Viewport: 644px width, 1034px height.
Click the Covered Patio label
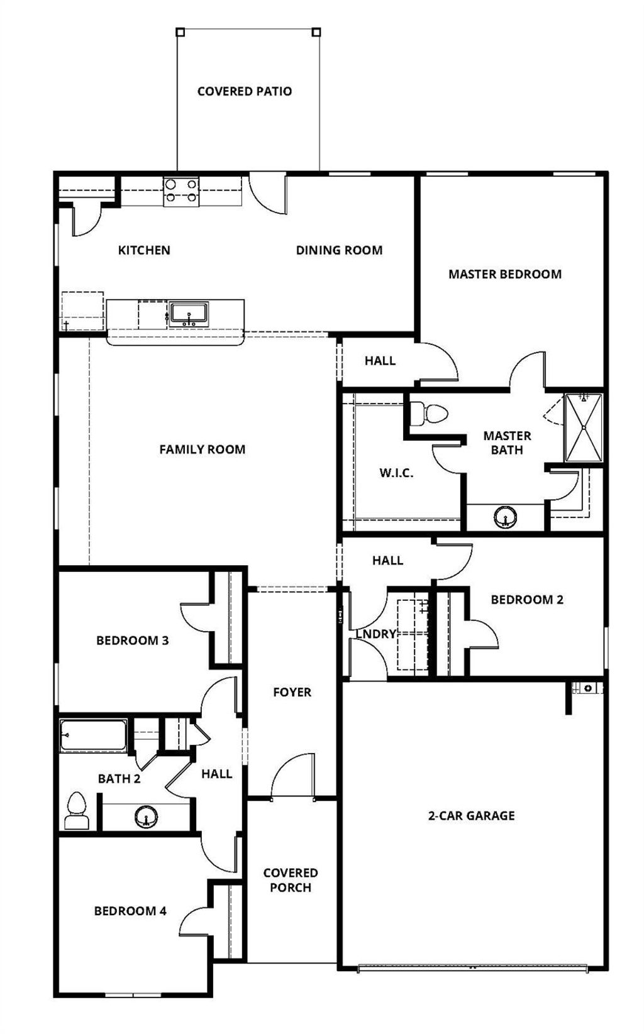[245, 91]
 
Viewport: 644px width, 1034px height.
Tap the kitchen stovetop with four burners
[181, 191]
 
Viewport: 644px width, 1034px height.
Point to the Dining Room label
[339, 250]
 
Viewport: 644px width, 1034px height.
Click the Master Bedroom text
[505, 274]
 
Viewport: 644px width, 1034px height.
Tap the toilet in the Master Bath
[430, 414]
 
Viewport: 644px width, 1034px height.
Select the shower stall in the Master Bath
[584, 427]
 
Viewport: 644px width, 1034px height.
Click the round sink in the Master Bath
[506, 519]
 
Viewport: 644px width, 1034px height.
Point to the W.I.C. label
[396, 473]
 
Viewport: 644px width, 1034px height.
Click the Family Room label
[202, 449]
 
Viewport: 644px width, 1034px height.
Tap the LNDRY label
[376, 634]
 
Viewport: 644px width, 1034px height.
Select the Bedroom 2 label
[527, 600]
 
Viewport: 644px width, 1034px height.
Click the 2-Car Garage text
[472, 816]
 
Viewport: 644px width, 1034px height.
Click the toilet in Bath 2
[76, 812]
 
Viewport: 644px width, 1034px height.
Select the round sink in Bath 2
[147, 818]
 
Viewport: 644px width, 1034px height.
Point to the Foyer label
[292, 692]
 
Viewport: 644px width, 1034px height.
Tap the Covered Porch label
[291, 880]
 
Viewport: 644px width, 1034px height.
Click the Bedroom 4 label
[130, 911]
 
